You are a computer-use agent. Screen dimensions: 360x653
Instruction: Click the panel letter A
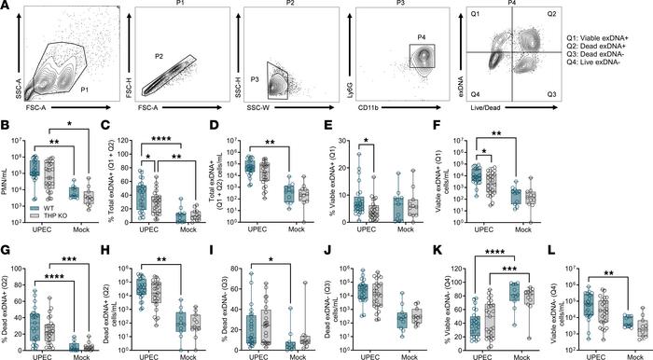[7, 7]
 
